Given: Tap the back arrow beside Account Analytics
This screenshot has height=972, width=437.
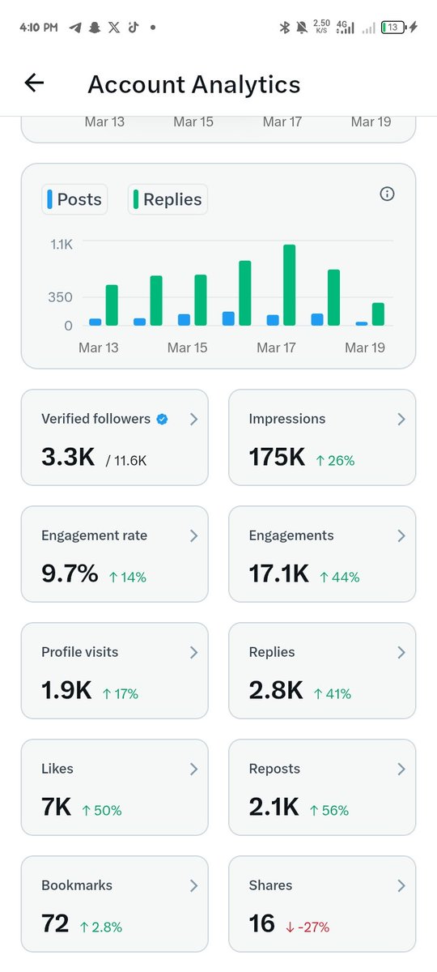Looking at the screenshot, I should pos(34,83).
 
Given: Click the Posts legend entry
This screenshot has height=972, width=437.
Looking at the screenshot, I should pos(74,199).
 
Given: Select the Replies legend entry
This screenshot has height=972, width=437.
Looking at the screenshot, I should pos(168,199).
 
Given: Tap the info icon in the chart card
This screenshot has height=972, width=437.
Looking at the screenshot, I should pos(387,194).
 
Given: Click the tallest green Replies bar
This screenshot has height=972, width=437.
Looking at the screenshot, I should pos(289,284).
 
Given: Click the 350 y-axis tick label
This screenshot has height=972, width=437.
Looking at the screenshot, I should pos(59,297).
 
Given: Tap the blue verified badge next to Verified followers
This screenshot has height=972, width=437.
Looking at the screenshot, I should pos(162,419).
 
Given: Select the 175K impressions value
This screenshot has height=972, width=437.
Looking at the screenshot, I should pos(277,458).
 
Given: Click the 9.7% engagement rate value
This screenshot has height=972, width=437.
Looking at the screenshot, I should pos(70,574).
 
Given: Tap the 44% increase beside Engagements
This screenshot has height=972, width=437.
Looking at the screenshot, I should pos(339,577).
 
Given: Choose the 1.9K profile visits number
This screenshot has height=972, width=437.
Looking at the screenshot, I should pos(66,691).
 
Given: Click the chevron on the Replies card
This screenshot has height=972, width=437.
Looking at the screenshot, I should pos(401,653).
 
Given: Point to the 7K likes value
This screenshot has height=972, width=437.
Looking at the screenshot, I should pos(57,808).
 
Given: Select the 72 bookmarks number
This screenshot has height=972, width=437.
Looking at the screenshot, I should pos(55,923).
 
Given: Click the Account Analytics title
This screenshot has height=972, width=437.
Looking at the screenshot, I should pos(193,84).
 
